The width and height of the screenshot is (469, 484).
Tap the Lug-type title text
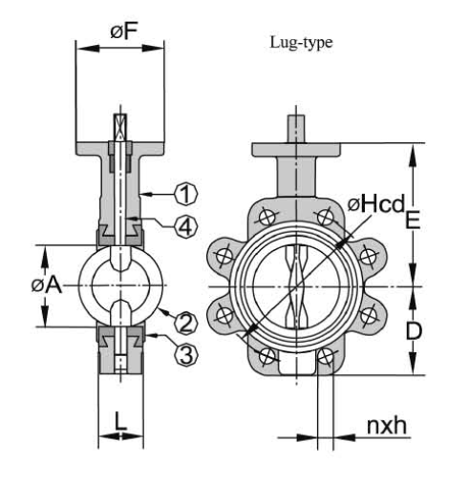(301, 42)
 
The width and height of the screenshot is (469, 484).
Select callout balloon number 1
(186, 194)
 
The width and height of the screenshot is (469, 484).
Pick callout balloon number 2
(186, 323)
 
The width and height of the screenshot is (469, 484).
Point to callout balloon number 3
(186, 355)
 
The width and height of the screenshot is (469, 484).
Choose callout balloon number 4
(186, 225)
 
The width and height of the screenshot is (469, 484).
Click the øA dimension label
(46, 285)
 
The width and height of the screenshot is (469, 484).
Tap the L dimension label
(120, 422)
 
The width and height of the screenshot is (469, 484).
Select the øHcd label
(376, 203)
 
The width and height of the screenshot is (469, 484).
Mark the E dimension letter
(413, 220)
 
